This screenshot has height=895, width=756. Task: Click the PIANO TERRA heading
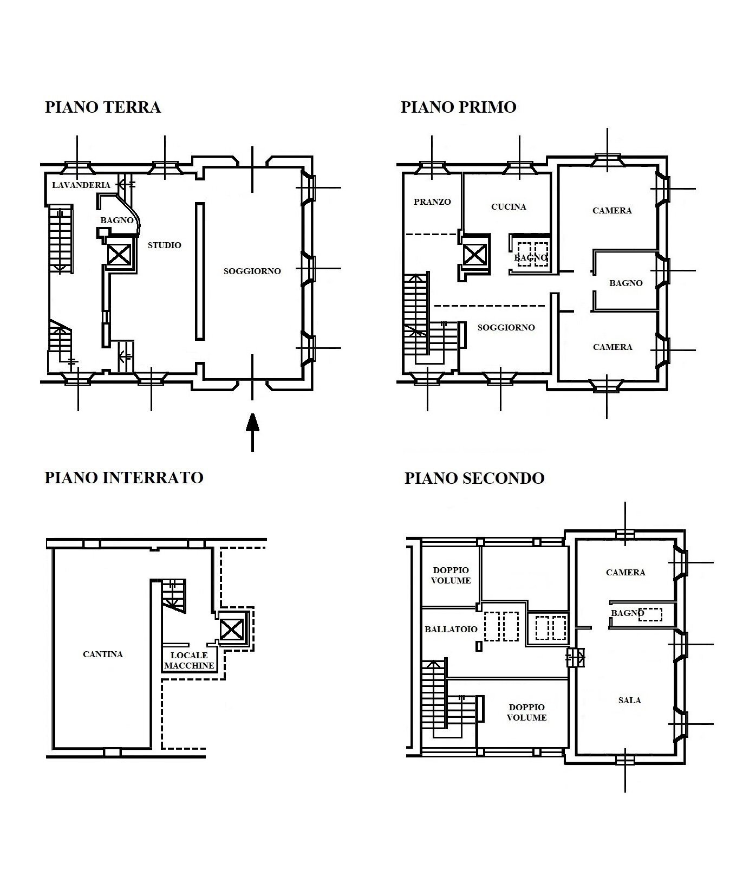point(103,107)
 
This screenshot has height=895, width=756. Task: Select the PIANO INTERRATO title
point(124,477)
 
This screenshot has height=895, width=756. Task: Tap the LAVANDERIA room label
point(81,185)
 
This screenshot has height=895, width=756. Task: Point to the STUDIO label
point(165,245)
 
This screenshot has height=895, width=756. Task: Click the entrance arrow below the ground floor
point(252,432)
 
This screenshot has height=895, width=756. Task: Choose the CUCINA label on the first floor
point(509,206)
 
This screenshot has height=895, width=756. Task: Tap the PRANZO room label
point(432,202)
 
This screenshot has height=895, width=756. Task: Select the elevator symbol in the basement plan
point(231,630)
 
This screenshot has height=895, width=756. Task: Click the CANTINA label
point(103,654)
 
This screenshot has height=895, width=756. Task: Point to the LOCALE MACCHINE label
point(190,660)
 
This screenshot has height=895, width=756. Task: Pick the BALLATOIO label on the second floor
point(451,629)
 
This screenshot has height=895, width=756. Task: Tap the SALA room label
point(630,700)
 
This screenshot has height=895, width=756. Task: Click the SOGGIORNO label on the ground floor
point(252,271)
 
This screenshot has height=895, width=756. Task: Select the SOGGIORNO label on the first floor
point(506,327)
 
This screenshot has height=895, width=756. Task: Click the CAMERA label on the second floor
point(625,572)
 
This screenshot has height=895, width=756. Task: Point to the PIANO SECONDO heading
point(474,478)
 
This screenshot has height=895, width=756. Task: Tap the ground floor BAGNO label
point(117,220)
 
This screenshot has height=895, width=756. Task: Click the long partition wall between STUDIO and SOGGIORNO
point(200,271)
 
